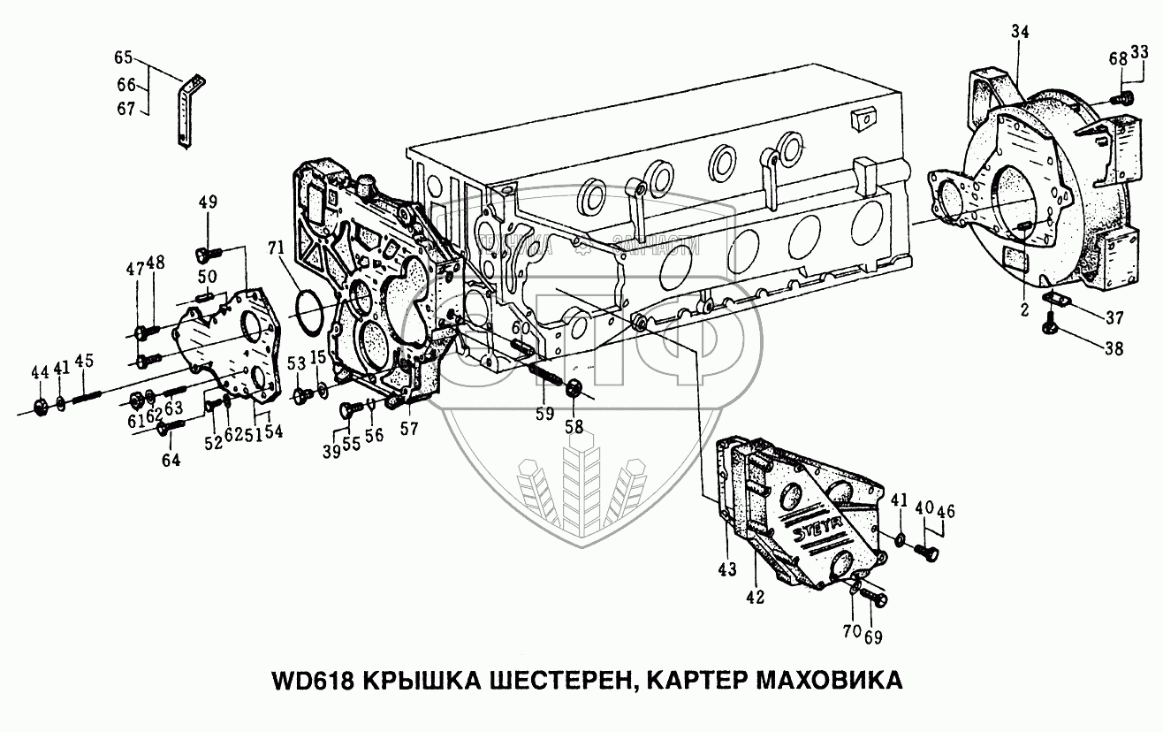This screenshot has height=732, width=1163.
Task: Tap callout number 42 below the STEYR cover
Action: click(753, 597)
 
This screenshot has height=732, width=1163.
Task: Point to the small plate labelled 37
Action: click(1058, 300)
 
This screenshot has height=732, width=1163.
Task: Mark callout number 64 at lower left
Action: click(170, 460)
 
